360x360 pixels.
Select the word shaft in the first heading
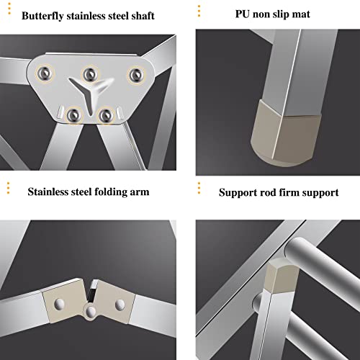150,15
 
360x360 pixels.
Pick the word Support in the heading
240,192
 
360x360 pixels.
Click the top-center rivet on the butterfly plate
90,71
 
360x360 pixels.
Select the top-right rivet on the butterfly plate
134,73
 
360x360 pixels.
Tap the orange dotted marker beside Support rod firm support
200,189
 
